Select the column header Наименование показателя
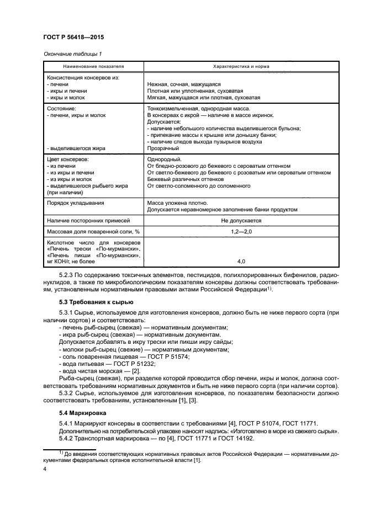[93, 65]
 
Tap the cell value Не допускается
[241, 220]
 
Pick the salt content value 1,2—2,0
[241, 231]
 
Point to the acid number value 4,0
[241, 260]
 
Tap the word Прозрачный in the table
[163, 148]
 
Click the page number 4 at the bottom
[45, 468]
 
